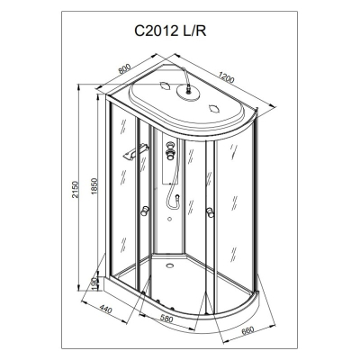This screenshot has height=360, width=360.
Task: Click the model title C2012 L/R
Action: pos(170,31)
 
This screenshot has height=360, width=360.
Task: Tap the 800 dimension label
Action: pos(124,69)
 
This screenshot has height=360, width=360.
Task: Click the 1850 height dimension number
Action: pos(94,186)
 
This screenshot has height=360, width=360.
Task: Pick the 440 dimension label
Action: pos(105,309)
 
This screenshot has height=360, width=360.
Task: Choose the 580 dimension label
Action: pos(166,319)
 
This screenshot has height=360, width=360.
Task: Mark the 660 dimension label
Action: pos(247,330)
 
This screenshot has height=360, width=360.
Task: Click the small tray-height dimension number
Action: pos(94,283)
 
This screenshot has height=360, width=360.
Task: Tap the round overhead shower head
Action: pos(189,92)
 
